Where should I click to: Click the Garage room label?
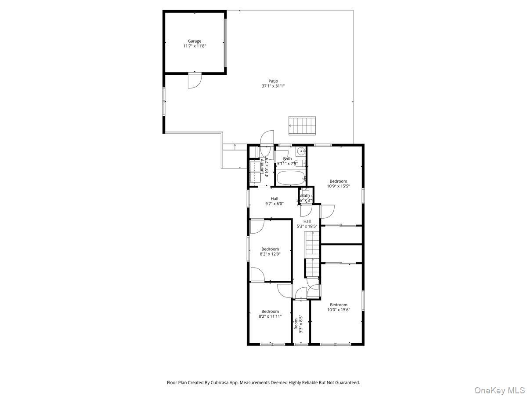[x=194, y=41]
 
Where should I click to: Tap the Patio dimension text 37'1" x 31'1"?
[x=273, y=86]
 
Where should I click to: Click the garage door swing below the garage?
[x=194, y=81]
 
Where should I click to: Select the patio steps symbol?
[x=302, y=125]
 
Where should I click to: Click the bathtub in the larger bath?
[x=291, y=178]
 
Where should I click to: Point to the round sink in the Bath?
[x=301, y=152]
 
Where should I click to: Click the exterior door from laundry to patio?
[x=267, y=137]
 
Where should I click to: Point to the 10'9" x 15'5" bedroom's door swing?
[x=328, y=211]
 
